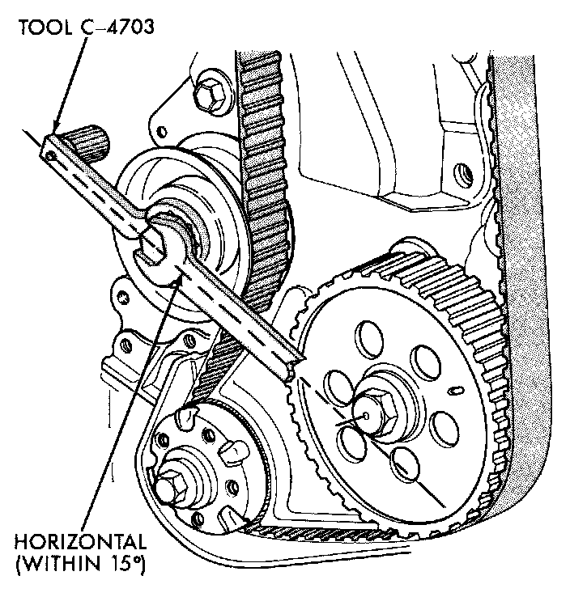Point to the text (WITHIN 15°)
[x=79, y=561]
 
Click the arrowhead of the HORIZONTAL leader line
[x=173, y=280]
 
